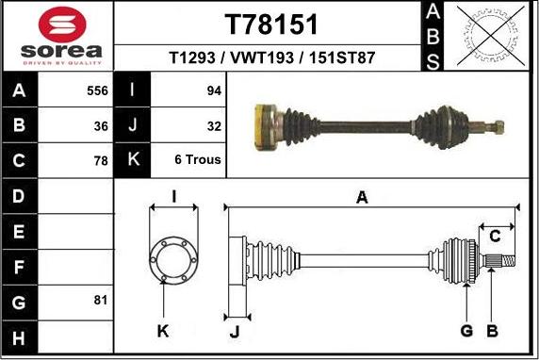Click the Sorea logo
pos(57,36)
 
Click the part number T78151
pos(272,24)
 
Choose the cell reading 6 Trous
pos(197,160)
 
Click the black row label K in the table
pos(132,160)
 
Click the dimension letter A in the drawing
pos(362,197)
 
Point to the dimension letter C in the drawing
pos(494,236)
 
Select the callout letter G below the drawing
pos(466,330)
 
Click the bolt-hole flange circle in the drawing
pos(173,256)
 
